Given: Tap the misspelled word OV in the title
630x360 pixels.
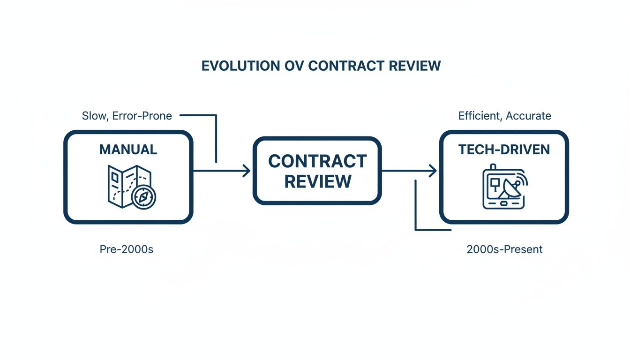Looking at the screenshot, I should (292, 66).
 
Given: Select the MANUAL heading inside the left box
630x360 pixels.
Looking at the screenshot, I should (128, 150).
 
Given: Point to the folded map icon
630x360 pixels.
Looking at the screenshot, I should (123, 186).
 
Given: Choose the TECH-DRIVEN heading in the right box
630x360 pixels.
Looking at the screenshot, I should (504, 150).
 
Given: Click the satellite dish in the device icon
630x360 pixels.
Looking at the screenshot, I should (510, 192).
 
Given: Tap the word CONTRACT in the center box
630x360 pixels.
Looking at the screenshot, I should (317, 161).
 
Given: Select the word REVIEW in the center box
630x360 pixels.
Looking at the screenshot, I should (317, 181).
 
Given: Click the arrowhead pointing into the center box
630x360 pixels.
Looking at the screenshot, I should (247, 171).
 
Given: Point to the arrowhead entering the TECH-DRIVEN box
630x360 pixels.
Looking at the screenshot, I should (433, 171).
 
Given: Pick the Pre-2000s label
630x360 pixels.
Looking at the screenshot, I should (127, 249).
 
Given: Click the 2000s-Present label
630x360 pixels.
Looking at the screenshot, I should (504, 249).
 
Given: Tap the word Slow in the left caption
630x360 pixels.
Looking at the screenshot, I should (93, 116).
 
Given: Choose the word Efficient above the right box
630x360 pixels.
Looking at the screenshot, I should (480, 116).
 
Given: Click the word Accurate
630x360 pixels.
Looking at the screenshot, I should (529, 116).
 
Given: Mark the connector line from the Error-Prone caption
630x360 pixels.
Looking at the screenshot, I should (216, 136).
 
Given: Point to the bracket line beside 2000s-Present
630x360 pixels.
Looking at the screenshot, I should (416, 211).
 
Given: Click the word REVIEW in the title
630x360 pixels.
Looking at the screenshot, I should (414, 66).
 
